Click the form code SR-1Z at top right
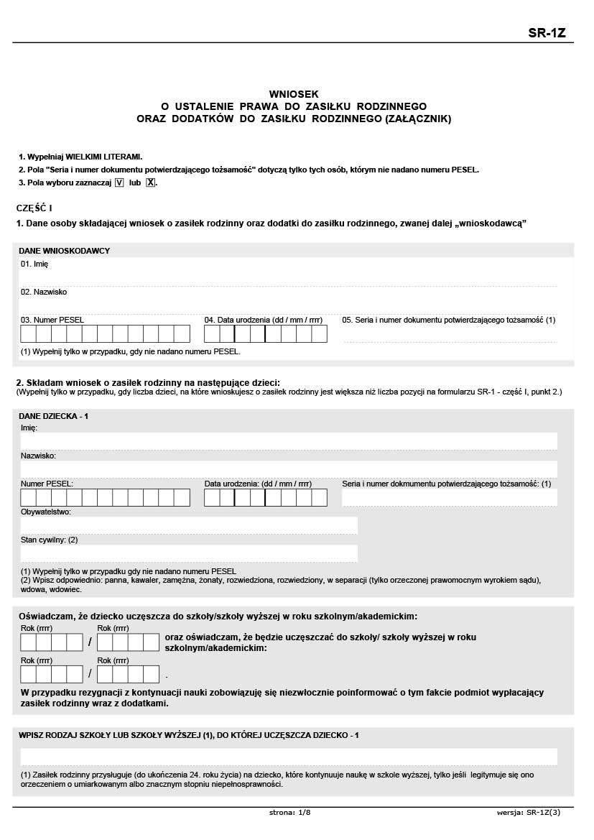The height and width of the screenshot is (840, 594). coord(547,32)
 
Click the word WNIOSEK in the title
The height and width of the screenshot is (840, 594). coord(294,93)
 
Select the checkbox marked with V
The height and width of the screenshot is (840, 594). coord(119,183)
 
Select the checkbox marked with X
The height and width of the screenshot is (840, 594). coord(150,183)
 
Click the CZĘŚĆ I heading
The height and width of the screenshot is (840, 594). coord(34,208)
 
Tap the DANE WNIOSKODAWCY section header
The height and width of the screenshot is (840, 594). coord(64,251)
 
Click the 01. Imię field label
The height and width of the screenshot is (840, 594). coord(34,264)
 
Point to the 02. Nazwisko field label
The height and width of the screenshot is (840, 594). coord(44,292)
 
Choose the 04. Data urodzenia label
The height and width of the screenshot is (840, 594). coord(263,319)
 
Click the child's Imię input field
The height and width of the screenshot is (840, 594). coord(289,441)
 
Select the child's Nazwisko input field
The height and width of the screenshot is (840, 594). coord(289,469)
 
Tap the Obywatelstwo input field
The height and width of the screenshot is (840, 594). coord(189,526)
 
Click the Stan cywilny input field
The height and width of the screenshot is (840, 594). coord(189,553)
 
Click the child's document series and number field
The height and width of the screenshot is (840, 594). coord(450,497)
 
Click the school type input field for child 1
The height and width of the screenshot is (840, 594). coord(289,757)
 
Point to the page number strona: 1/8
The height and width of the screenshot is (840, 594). coord(289,813)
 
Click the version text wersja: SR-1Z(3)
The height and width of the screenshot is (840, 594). coord(528,813)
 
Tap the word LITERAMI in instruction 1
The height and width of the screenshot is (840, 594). coord(124,156)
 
